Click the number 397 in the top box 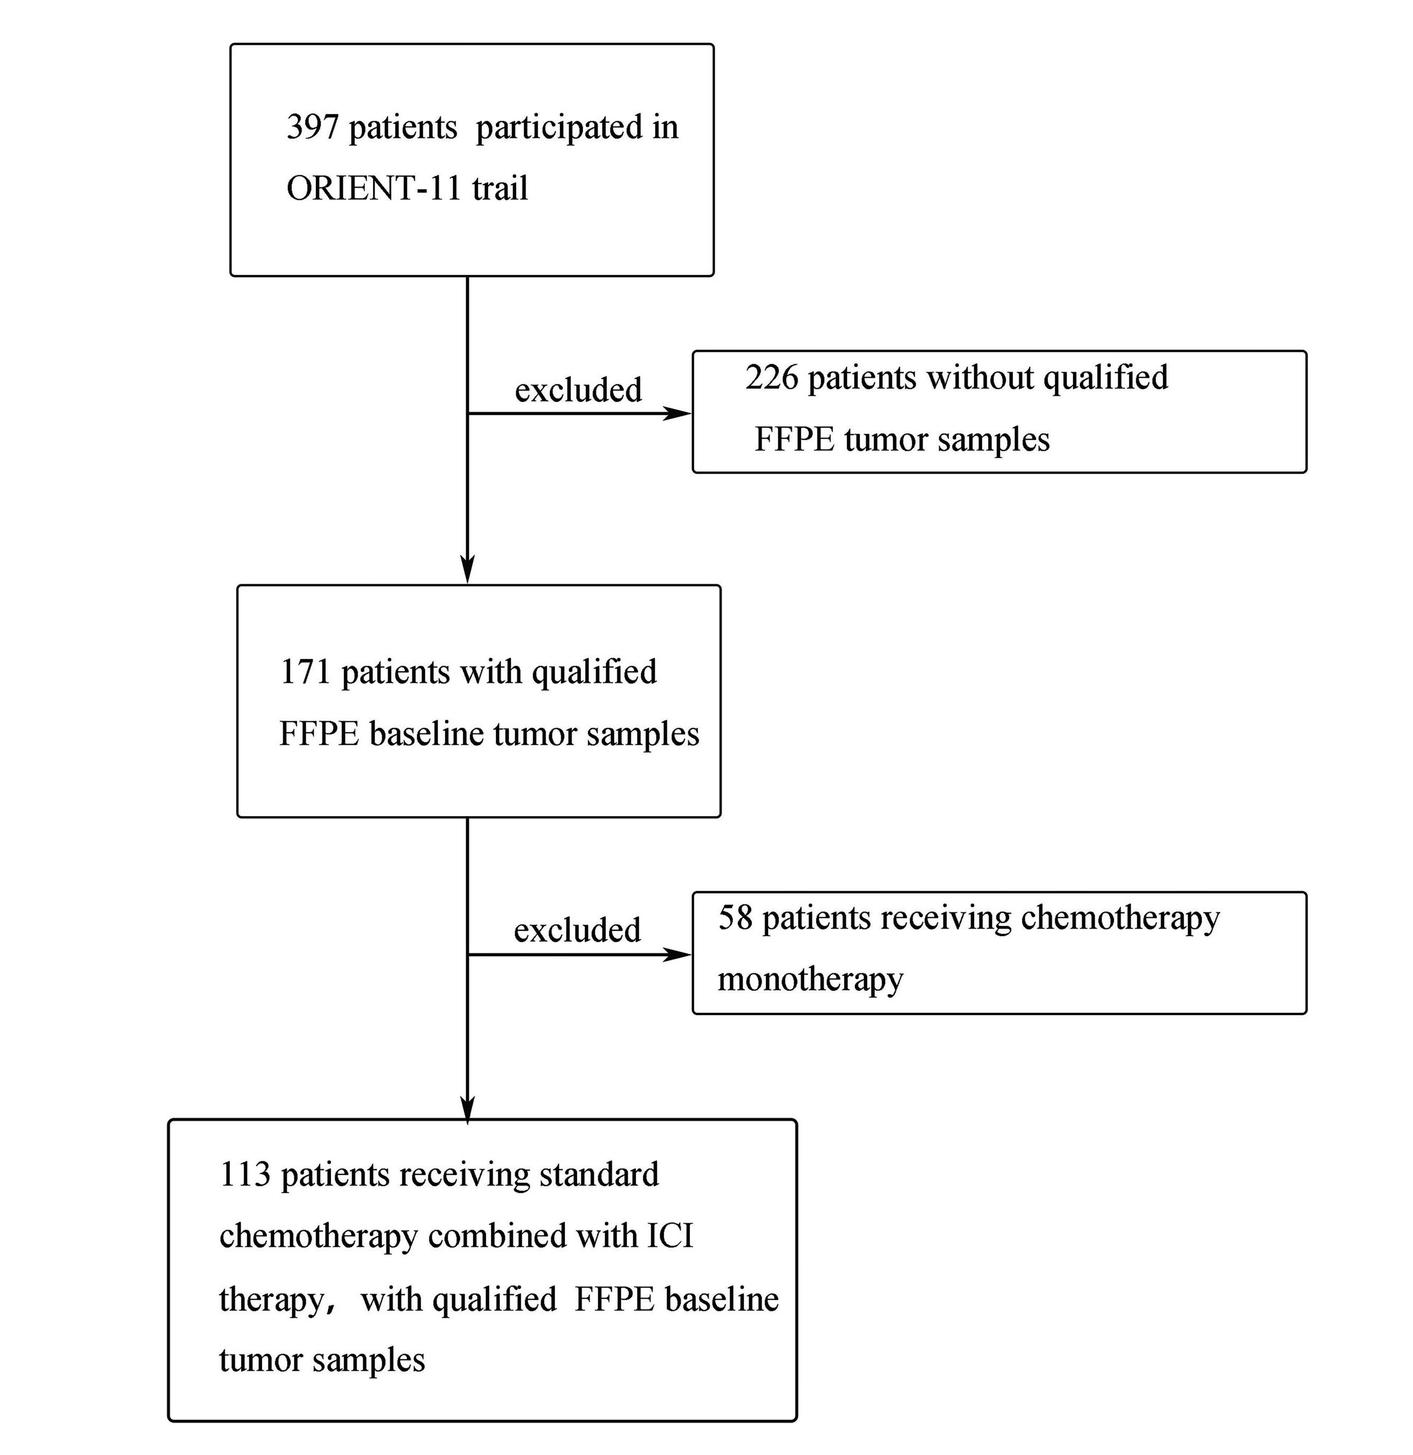(x=313, y=128)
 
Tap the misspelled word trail (x=500, y=188)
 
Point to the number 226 (x=772, y=378)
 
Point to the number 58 (x=735, y=918)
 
